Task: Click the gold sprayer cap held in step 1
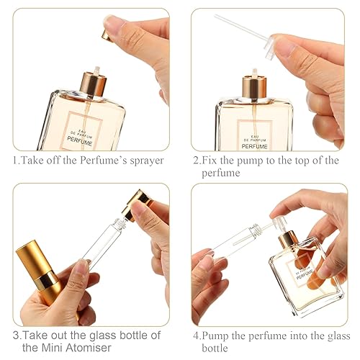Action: pos(107,35)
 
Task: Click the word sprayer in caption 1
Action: pos(143,161)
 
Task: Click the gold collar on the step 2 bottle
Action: pos(253,89)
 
